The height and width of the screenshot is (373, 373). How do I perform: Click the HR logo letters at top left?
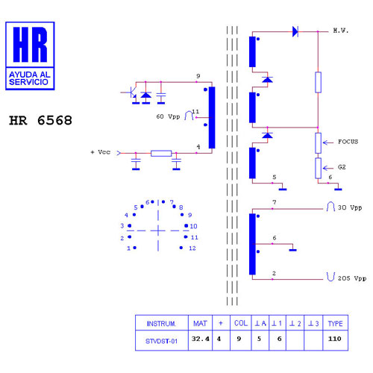[30, 45]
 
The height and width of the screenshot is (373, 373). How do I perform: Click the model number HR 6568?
[40, 121]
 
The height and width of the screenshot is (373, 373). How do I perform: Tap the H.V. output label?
[341, 31]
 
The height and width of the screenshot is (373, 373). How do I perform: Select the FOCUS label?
[348, 142]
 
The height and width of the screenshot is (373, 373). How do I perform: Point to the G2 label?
[342, 167]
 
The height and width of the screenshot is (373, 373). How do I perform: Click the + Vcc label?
[101, 152]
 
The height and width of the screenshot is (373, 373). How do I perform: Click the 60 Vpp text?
[168, 116]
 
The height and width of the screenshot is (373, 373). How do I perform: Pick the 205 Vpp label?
[352, 278]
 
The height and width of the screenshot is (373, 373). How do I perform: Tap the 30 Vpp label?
[350, 207]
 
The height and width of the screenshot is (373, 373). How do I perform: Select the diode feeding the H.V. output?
[295, 31]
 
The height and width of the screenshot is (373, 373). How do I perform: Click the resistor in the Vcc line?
[161, 153]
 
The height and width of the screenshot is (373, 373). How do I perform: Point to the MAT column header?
[200, 323]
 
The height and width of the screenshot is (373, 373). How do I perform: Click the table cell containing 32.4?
[200, 339]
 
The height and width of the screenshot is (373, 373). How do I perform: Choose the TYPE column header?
[335, 324]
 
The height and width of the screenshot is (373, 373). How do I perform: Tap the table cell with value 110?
[334, 339]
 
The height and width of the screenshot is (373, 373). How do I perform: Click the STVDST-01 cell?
[161, 341]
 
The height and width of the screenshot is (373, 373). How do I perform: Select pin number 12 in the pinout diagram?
[192, 248]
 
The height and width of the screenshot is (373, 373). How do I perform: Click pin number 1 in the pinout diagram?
[128, 248]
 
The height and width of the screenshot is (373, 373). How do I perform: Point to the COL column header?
[241, 323]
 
